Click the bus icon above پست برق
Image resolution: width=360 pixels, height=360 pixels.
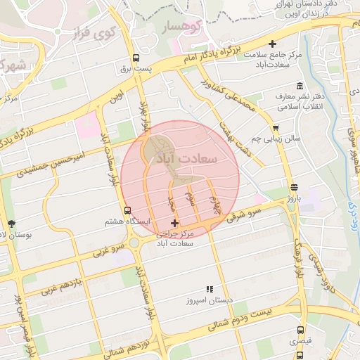136,59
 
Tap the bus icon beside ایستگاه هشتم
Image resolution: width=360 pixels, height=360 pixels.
127,210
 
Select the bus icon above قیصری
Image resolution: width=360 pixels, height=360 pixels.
301,330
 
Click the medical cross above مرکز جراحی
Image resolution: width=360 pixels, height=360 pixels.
175,223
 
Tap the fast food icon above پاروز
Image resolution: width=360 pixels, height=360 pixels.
293,187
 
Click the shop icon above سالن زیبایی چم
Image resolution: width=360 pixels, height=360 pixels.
276,128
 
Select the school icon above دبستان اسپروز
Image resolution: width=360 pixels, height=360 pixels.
209,289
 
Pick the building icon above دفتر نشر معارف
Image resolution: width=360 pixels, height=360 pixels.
300,85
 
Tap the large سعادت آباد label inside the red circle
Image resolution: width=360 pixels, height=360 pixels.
204,157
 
